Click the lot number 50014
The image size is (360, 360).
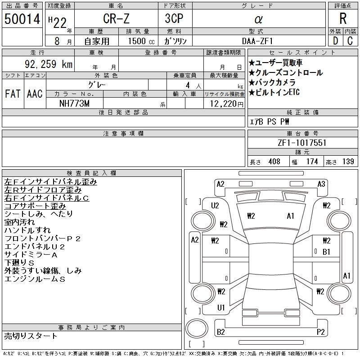(22, 19)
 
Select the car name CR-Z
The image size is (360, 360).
(116, 18)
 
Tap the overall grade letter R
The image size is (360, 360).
(343, 18)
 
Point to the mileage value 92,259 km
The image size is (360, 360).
(49, 64)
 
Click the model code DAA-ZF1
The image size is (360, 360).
(257, 41)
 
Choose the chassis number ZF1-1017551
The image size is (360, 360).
(302, 143)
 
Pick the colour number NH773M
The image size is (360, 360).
(74, 103)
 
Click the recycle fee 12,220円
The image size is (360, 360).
(227, 104)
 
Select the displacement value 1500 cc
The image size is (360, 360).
(141, 41)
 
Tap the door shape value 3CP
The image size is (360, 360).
(174, 18)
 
